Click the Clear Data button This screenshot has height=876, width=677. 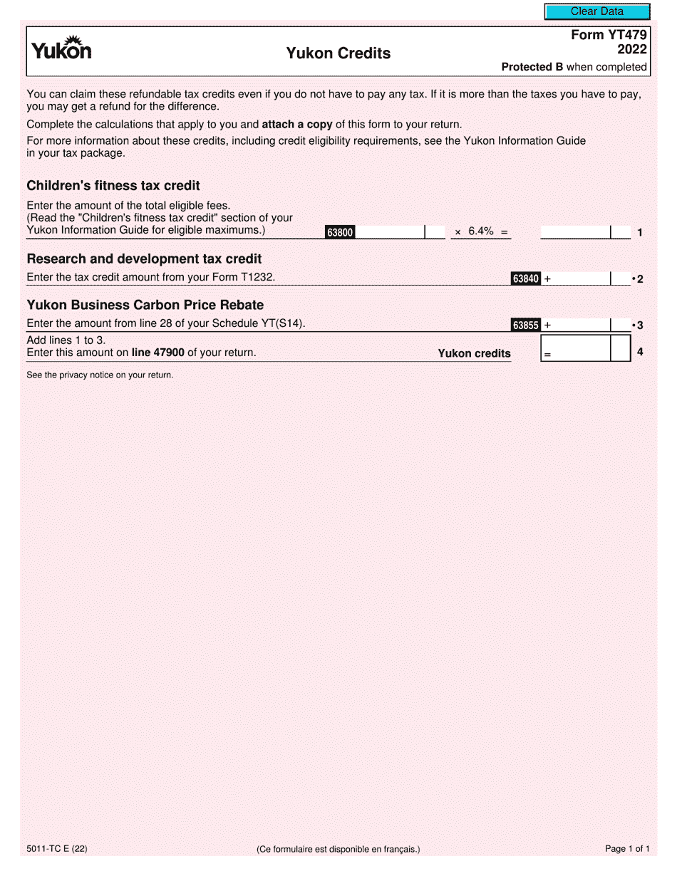597,11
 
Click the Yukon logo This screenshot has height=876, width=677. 61,48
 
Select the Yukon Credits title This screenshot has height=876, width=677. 338,53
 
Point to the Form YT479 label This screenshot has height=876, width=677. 609,35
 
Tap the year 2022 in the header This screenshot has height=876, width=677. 631,50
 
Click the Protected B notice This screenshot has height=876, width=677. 574,67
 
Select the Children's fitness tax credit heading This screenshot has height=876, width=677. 113,186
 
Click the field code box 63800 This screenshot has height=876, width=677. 340,232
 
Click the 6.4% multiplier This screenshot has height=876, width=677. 481,231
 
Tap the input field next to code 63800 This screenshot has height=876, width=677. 390,231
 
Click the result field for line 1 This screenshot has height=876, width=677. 575,231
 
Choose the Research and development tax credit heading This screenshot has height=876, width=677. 144,259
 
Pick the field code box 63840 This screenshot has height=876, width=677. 525,279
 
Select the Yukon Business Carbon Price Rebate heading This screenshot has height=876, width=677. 145,305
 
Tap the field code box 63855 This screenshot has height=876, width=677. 525,325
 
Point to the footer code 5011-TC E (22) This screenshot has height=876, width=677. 57,848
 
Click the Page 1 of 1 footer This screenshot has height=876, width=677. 627,848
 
